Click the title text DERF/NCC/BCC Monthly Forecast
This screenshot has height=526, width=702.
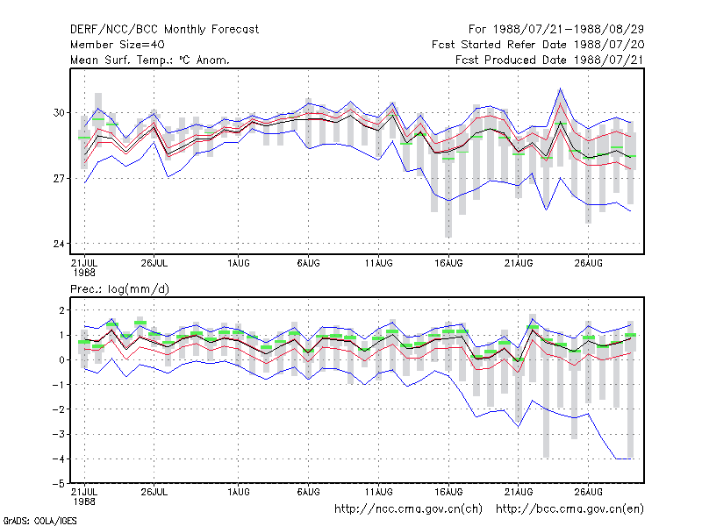tap(164, 30)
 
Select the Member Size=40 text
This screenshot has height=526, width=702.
tap(118, 45)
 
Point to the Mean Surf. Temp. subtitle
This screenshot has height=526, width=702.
tap(150, 60)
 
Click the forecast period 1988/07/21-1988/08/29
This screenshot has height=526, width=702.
tap(556, 30)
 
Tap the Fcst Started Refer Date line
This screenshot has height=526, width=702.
tap(538, 45)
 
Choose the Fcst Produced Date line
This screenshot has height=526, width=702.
tap(549, 60)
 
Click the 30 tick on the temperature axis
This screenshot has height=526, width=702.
tap(59, 113)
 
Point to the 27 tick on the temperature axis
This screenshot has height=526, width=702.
tap(59, 179)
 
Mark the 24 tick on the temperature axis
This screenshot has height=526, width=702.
tap(59, 244)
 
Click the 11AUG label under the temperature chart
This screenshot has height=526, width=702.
tap(378, 264)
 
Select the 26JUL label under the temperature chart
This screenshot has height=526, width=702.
tap(154, 264)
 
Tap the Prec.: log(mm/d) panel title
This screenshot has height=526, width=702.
tap(119, 289)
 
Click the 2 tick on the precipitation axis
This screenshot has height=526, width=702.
tap(62, 310)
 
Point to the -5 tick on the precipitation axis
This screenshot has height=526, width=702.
tap(59, 484)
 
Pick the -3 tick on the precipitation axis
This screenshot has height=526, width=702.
tap(59, 434)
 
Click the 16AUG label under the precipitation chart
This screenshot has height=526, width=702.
tap(448, 492)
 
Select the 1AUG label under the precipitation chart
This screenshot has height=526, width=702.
tap(238, 492)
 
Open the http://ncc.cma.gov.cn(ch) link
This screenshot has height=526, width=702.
tap(408, 509)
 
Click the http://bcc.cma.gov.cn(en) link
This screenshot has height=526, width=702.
tap(569, 509)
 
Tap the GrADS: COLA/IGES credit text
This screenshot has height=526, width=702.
tap(39, 521)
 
